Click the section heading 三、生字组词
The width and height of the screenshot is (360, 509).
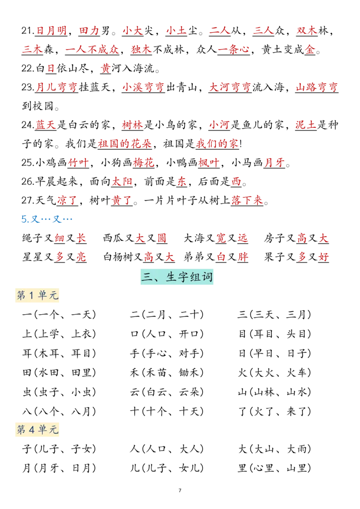click(177, 277)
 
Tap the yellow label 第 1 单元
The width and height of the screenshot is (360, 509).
click(37, 295)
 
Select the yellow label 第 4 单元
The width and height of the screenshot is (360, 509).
click(37, 430)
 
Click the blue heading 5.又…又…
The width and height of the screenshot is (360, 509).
click(47, 219)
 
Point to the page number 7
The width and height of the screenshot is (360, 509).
click(180, 491)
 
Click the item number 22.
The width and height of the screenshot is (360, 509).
click(28, 68)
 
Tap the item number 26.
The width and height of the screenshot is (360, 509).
click(28, 182)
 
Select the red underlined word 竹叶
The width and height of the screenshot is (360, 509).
click(78, 163)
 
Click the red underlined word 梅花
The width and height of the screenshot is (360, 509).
click(144, 163)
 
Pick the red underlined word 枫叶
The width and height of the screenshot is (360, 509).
click(209, 163)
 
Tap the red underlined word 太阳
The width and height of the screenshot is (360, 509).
click(122, 182)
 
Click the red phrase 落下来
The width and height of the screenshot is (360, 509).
click(247, 200)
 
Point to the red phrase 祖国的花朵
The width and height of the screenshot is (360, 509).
click(125, 143)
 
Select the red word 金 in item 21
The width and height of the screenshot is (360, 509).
click(310, 49)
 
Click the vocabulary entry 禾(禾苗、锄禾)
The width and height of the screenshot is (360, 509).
click(166, 373)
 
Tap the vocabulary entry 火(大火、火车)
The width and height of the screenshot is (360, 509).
click(274, 373)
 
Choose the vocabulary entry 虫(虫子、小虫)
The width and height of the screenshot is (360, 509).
click(59, 392)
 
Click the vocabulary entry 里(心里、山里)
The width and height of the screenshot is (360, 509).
click(274, 468)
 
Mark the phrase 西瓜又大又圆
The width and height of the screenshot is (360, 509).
click(135, 238)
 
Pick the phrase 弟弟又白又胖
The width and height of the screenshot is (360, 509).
click(216, 257)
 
